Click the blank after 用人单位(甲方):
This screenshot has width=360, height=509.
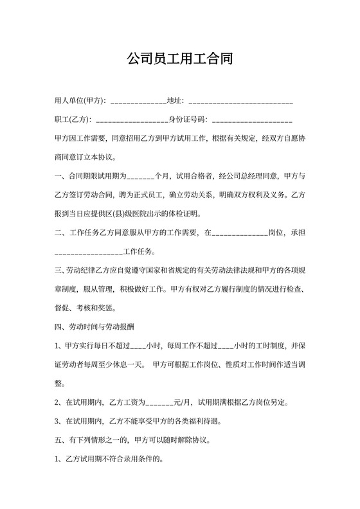[x=138, y=102]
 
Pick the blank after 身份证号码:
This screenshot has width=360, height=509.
[x=251, y=120]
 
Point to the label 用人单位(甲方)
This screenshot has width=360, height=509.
[x=80, y=101]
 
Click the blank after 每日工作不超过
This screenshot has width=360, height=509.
[x=136, y=346]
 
